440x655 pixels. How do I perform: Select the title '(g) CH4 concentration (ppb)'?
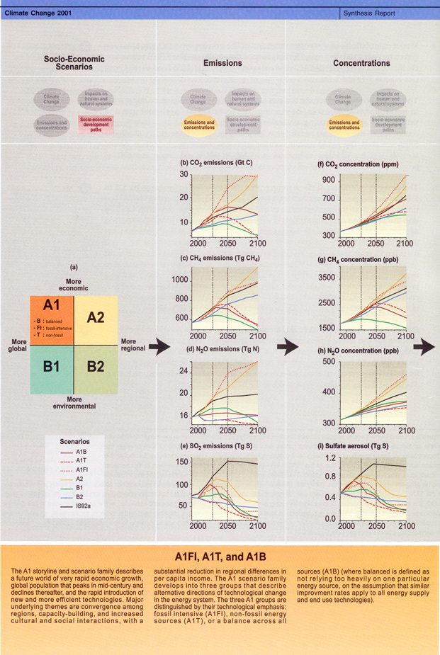point(359,261)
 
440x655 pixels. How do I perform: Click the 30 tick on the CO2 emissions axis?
point(184,174)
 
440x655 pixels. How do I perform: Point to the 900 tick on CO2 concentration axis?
point(326,181)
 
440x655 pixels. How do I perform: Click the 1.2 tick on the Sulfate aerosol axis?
point(327,457)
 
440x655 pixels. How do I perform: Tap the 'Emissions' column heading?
point(222,63)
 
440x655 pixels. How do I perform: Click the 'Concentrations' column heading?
point(361,63)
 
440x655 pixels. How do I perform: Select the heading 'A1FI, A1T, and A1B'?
point(220,557)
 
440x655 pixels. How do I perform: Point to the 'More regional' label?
point(133,344)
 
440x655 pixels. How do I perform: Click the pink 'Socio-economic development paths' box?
point(94,123)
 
